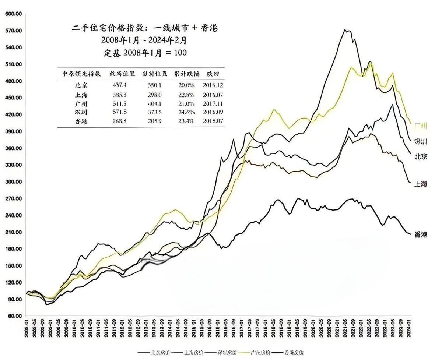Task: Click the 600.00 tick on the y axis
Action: point(13,14)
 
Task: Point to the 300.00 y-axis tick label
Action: point(13,182)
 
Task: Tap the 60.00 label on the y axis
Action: point(14,316)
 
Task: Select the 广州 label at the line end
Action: point(421,126)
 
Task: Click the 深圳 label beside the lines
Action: point(421,141)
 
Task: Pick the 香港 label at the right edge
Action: point(421,234)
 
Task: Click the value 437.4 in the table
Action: point(118,85)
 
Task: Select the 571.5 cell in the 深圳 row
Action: point(118,112)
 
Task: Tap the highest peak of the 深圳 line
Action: point(345,29)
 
